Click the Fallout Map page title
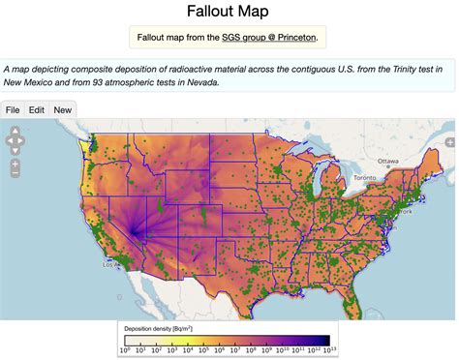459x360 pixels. pos(229,13)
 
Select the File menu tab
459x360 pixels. pos(14,109)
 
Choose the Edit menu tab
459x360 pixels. pos(36,109)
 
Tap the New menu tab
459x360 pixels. pos(62,109)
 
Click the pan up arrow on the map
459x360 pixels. pos(15,132)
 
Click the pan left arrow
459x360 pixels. pos(8,141)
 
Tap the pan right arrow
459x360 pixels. pos(22,141)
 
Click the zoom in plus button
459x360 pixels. pos(15,165)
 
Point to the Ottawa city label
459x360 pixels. pos(388,161)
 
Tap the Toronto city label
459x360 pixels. pos(363,178)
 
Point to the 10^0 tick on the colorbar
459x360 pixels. pos(126,349)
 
